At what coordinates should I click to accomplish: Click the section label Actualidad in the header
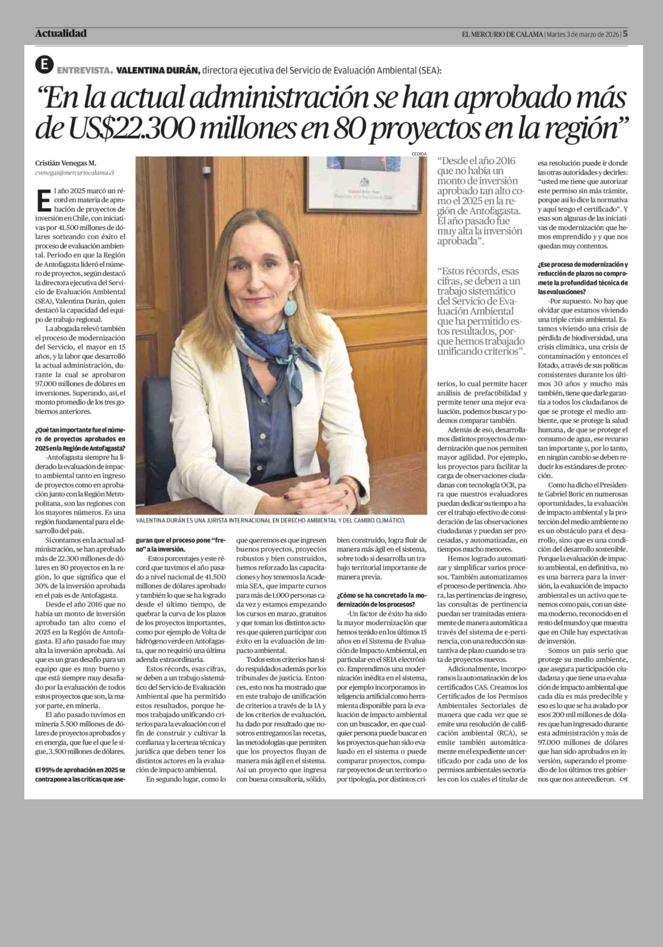(61, 33)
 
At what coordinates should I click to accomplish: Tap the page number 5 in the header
(625, 34)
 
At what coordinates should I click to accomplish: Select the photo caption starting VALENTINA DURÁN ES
(270, 520)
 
